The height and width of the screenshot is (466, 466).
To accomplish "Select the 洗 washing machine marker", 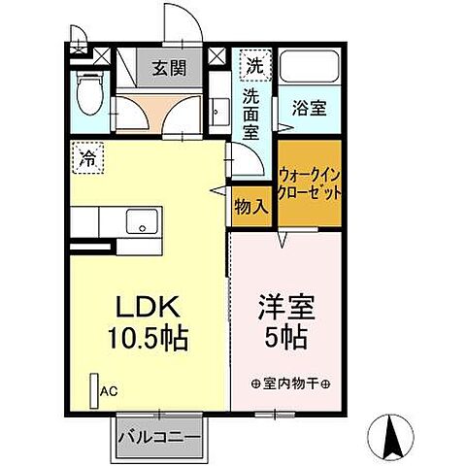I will click(252, 66).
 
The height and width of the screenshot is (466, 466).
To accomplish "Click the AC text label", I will click(110, 392).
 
